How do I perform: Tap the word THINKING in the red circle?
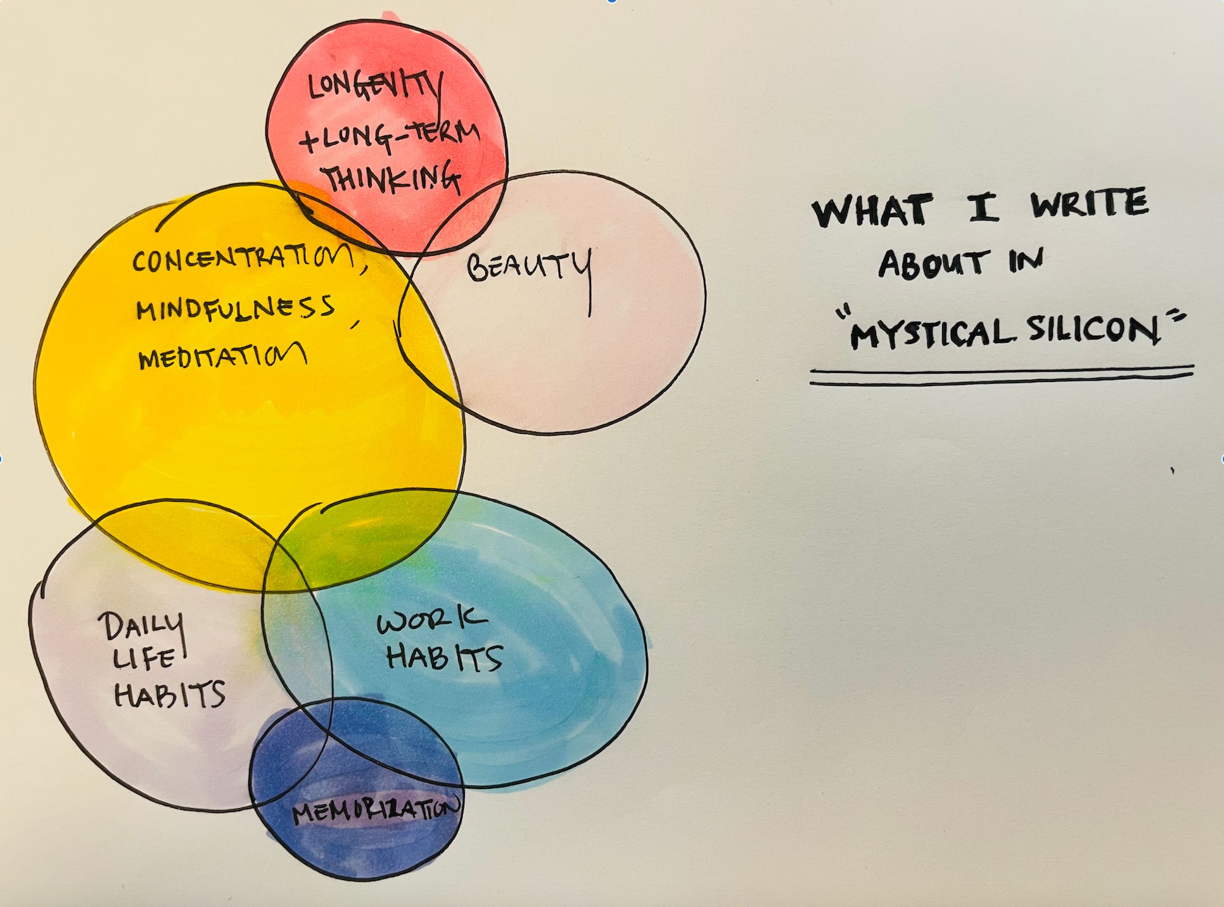[x=391, y=177]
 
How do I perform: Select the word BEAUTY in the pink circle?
[x=528, y=266]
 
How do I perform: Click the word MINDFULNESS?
[x=234, y=308]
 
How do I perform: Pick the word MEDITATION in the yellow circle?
[x=222, y=357]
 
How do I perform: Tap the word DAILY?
[x=141, y=627]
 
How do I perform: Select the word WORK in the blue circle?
[x=431, y=621]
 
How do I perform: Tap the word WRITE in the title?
[x=1089, y=204]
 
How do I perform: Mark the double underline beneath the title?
[x=1001, y=375]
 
